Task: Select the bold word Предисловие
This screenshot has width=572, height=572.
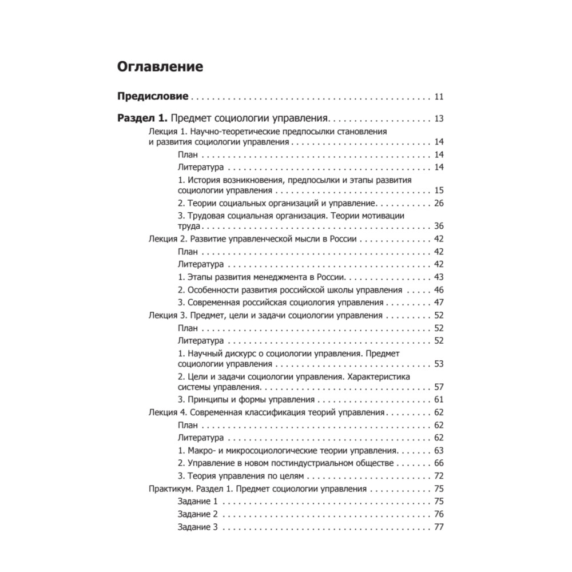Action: click(x=153, y=96)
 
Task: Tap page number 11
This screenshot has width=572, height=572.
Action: click(x=439, y=96)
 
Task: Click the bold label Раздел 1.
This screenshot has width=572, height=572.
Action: click(x=141, y=119)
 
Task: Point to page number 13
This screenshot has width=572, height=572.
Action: click(x=439, y=119)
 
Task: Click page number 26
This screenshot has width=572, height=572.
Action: click(x=439, y=203)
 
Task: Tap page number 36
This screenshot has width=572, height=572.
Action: click(x=439, y=226)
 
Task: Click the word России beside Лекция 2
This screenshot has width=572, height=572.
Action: click(x=343, y=239)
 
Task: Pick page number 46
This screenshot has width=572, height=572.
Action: click(x=439, y=289)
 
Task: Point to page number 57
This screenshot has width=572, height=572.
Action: click(x=439, y=387)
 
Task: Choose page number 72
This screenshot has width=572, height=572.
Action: click(x=439, y=475)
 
